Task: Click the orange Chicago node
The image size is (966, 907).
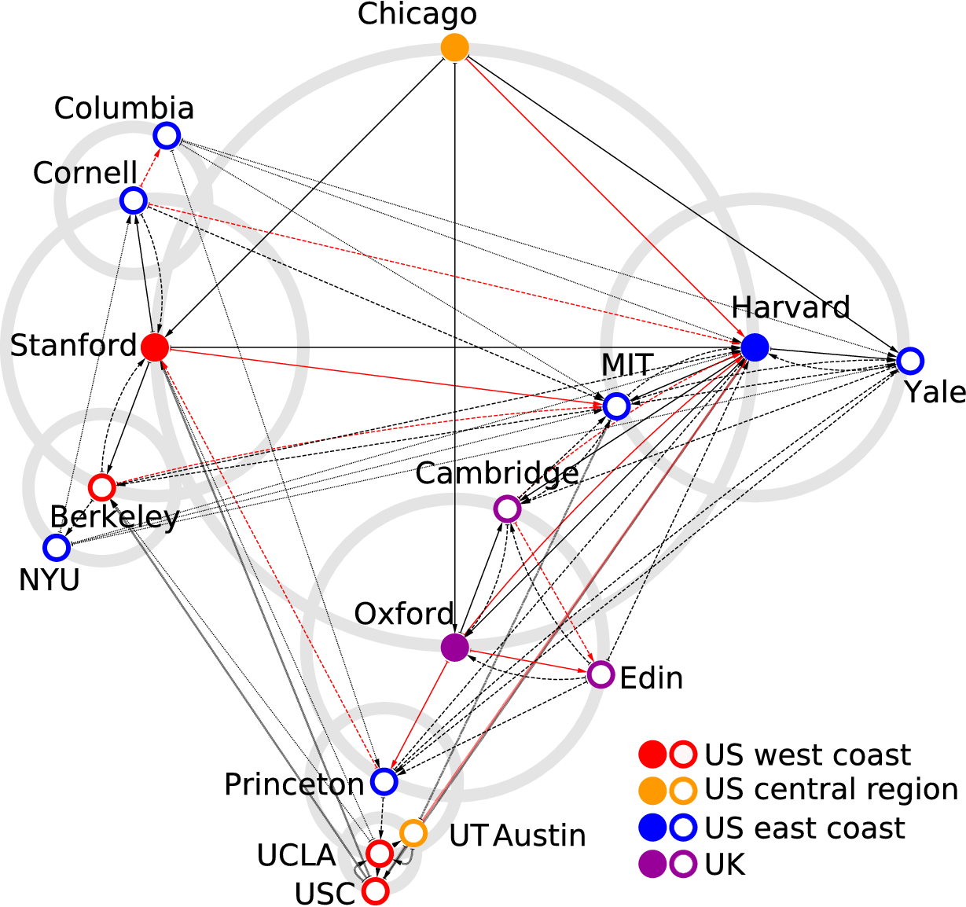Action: [x=455, y=47]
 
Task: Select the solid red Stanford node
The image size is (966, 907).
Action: [x=155, y=346]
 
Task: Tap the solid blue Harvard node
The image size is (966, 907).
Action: [x=755, y=347]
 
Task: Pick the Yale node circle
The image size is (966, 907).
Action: [x=909, y=361]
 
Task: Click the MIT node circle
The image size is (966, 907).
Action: [x=616, y=406]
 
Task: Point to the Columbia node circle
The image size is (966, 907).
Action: [x=167, y=136]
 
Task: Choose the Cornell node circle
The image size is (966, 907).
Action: [x=134, y=200]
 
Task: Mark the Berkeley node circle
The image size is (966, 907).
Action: [x=101, y=487]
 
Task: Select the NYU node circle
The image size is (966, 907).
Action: [x=56, y=547]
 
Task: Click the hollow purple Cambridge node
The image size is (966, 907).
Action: [x=508, y=509]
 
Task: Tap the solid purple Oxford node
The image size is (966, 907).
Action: [x=455, y=647]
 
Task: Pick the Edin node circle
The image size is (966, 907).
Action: [x=601, y=674]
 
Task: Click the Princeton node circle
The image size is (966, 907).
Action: [x=384, y=782]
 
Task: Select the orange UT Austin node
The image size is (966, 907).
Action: [x=413, y=832]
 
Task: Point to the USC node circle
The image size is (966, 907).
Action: [x=376, y=891]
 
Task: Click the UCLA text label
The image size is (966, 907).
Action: [x=296, y=855]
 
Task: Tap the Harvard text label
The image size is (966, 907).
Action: [x=791, y=307]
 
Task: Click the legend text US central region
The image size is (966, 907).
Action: [x=831, y=789]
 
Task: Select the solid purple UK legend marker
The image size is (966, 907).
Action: [x=652, y=865]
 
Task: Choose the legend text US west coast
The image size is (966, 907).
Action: [x=807, y=755]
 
